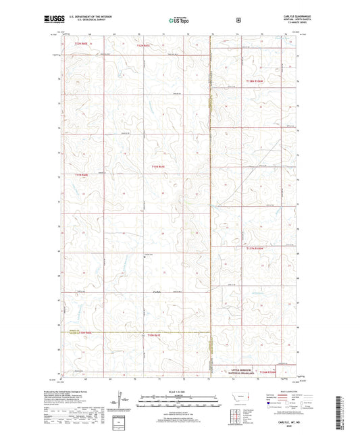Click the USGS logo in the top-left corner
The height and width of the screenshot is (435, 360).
pyautogui.click(x=53, y=20)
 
